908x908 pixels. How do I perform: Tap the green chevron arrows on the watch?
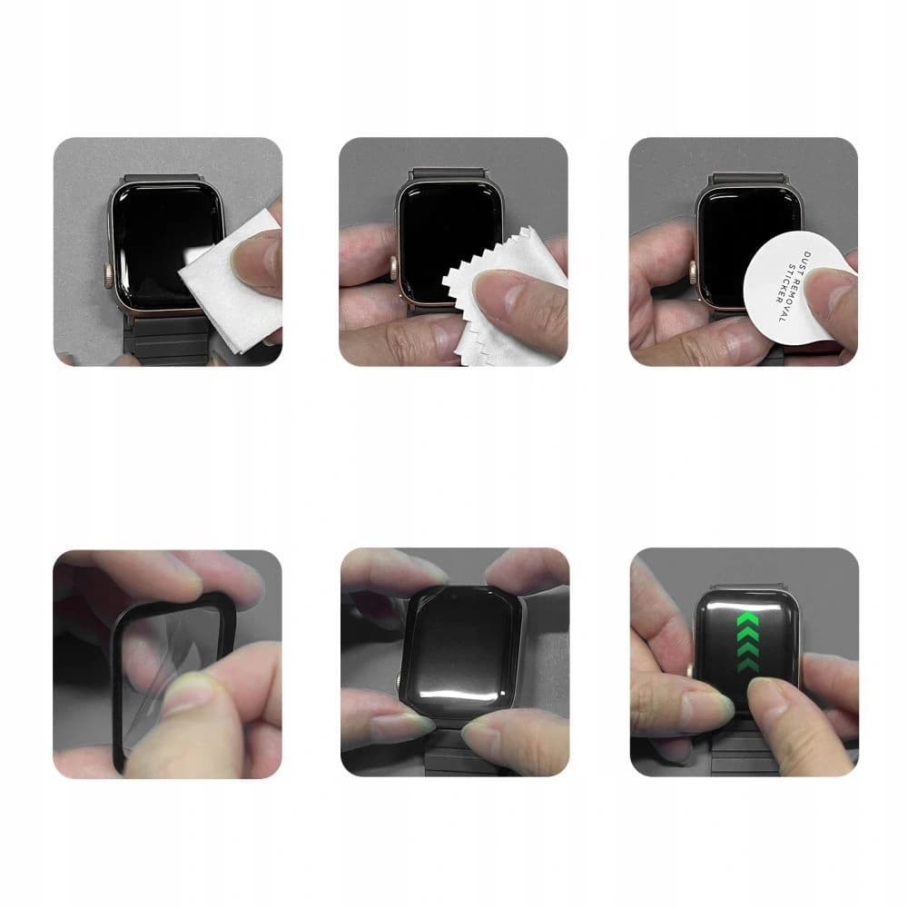(746, 640)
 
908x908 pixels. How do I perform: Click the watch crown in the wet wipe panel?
(110, 271)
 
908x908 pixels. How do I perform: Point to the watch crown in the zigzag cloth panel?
(395, 269)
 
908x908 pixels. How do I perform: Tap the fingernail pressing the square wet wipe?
(248, 259)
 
